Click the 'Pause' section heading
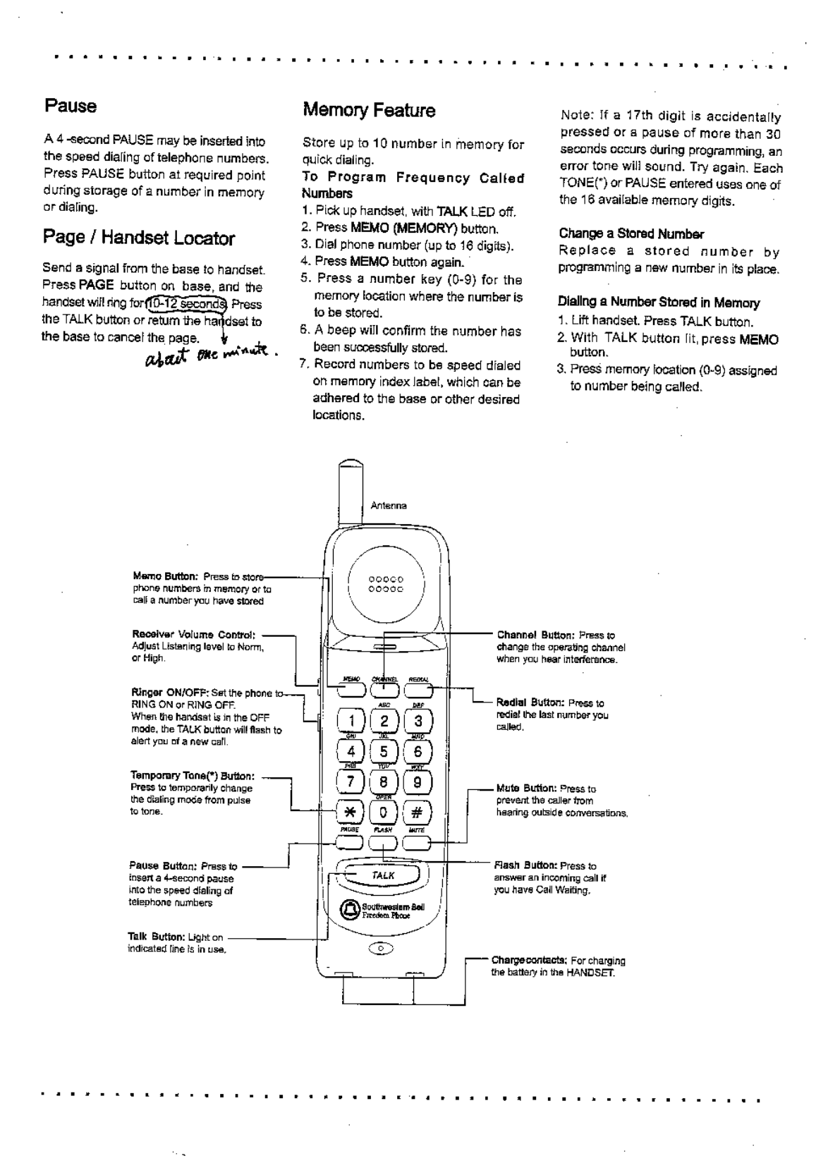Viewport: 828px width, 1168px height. tap(70, 107)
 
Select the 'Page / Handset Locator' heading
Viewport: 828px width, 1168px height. tap(138, 238)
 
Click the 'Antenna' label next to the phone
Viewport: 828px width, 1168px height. tap(389, 505)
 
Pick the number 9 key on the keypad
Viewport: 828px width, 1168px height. tap(418, 781)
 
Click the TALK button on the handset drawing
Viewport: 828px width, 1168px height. tap(383, 875)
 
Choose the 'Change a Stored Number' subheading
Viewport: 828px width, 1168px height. tap(631, 233)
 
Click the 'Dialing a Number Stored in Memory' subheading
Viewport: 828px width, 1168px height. tap(659, 303)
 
